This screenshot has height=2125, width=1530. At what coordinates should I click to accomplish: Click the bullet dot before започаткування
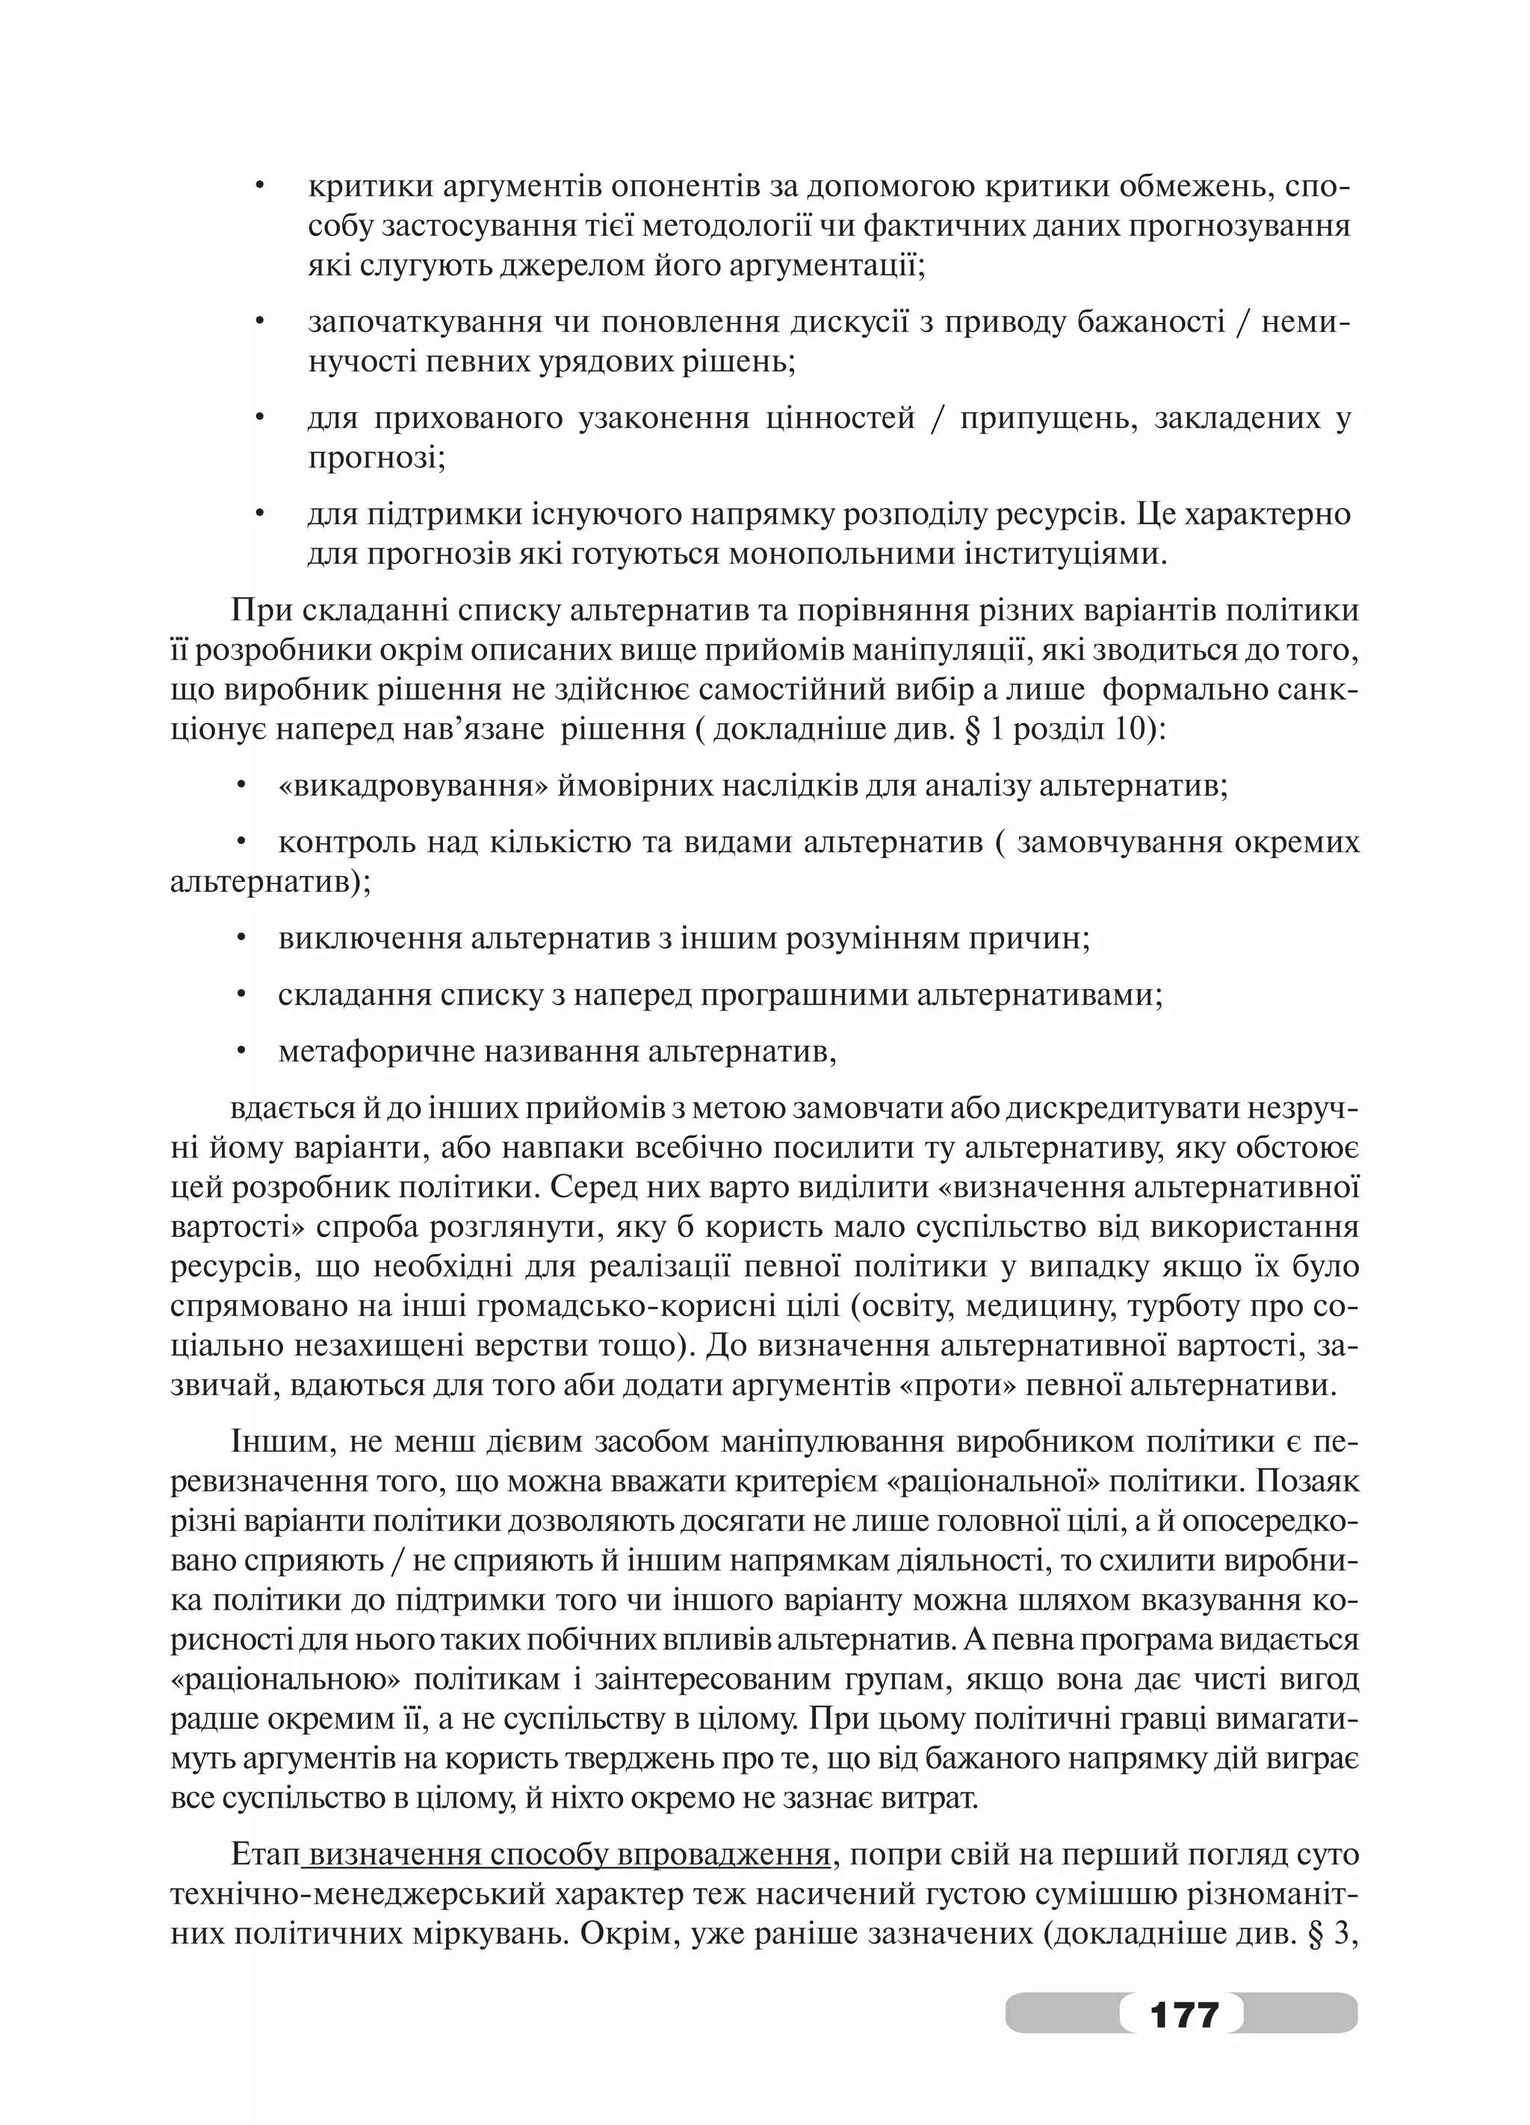click(261, 323)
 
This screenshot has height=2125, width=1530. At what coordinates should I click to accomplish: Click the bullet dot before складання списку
click(242, 995)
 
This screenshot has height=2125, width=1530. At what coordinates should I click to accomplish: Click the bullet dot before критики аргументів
click(261, 187)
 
